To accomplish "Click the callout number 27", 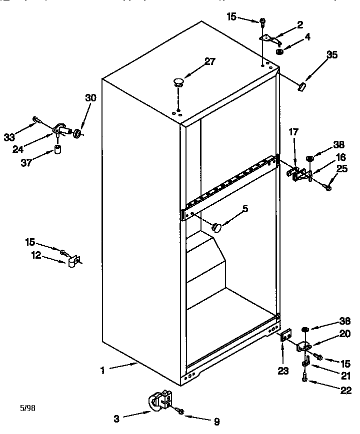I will (209, 61).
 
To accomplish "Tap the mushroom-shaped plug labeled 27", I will (177, 80).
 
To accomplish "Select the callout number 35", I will (331, 55).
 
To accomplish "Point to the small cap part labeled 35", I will (301, 87).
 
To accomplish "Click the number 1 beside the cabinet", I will (102, 370).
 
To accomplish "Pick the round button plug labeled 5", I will (216, 227).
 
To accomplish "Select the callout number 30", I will (90, 98).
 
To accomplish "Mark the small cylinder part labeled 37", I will (57, 150).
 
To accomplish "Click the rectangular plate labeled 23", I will (285, 336).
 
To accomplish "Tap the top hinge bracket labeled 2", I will (269, 37).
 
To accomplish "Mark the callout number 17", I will (293, 132).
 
